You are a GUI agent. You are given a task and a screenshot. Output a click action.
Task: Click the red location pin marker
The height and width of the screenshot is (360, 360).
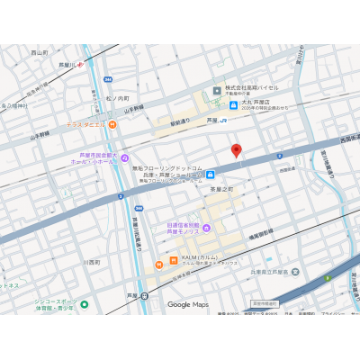pyautogui.click(x=237, y=150)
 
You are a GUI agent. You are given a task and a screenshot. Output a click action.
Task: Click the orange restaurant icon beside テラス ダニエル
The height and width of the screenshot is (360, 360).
pyautogui.click(x=112, y=124)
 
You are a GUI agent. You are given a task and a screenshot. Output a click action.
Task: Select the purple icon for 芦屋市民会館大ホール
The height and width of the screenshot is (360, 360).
pyautogui.click(x=124, y=158)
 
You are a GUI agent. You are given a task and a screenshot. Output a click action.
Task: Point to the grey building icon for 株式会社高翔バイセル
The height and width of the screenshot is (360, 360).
pyautogui.click(x=217, y=89)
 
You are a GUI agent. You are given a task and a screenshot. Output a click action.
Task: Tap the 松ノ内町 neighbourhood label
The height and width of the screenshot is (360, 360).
pyautogui.click(x=117, y=98)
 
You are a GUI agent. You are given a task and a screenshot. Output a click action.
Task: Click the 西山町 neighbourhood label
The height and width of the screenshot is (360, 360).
pyautogui.click(x=39, y=53)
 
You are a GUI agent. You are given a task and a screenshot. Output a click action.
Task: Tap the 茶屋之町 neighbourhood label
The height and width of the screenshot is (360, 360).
pyautogui.click(x=221, y=189)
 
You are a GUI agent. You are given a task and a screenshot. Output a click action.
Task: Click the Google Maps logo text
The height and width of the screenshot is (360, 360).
pyautogui.click(x=187, y=305)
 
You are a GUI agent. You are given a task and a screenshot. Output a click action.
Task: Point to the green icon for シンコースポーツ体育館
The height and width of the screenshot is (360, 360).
pyautogui.click(x=84, y=304)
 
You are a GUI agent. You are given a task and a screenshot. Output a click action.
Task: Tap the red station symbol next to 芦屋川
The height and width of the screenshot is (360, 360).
pyautogui.click(x=80, y=64)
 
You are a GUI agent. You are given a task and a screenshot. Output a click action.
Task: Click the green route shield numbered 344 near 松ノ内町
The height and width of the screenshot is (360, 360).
pyautogui.click(x=107, y=79)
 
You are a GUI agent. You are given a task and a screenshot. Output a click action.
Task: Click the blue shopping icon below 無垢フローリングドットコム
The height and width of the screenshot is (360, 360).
pyautogui.click(x=210, y=174)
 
